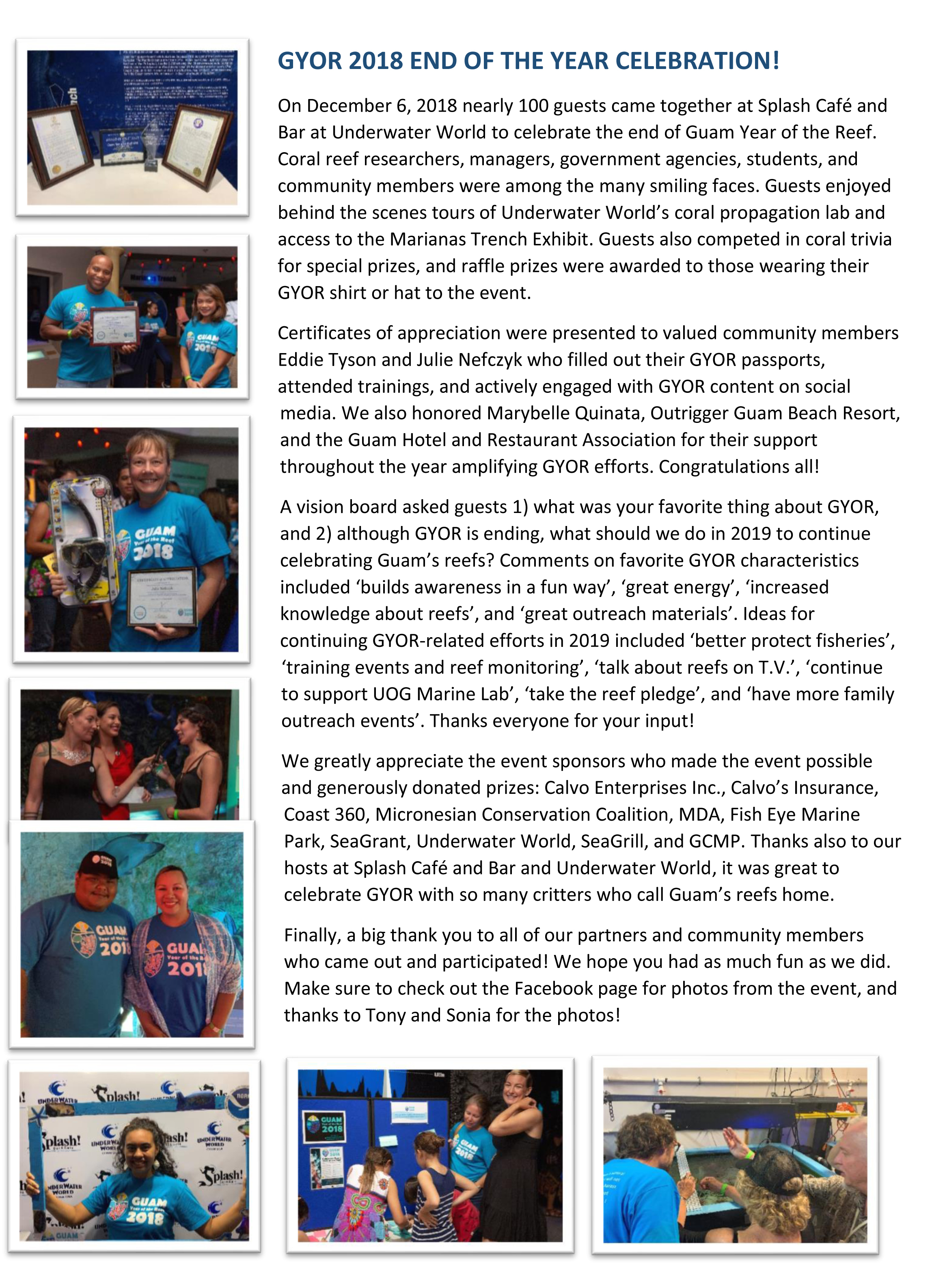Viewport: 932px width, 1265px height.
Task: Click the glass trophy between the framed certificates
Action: click(x=151, y=144)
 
